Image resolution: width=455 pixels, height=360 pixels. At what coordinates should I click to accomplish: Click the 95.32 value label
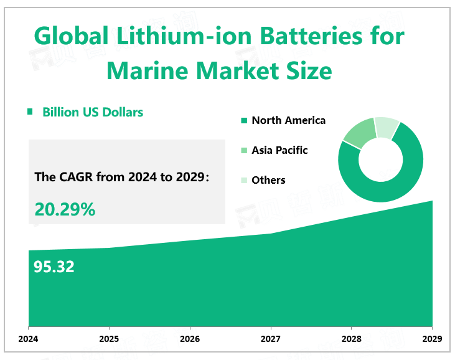[x=54, y=267]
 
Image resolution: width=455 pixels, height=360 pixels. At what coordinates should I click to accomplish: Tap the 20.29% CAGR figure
[x=65, y=210]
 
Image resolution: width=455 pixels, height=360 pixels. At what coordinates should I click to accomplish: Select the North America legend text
[x=288, y=120]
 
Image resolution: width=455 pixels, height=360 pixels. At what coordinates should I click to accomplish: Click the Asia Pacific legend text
[x=279, y=150]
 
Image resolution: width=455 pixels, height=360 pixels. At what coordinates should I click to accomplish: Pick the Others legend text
[x=268, y=180]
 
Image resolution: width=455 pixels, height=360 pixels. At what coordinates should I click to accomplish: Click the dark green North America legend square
[x=244, y=121]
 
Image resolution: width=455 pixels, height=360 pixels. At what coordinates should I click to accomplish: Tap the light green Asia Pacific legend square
[x=244, y=151]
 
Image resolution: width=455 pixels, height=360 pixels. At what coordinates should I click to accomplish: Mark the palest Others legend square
[x=244, y=181]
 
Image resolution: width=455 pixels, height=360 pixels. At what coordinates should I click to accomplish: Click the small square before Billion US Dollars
[x=29, y=112]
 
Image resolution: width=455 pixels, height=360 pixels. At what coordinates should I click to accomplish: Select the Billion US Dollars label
[x=93, y=112]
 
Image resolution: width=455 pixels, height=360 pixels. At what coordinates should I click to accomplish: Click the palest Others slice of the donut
[x=388, y=128]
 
